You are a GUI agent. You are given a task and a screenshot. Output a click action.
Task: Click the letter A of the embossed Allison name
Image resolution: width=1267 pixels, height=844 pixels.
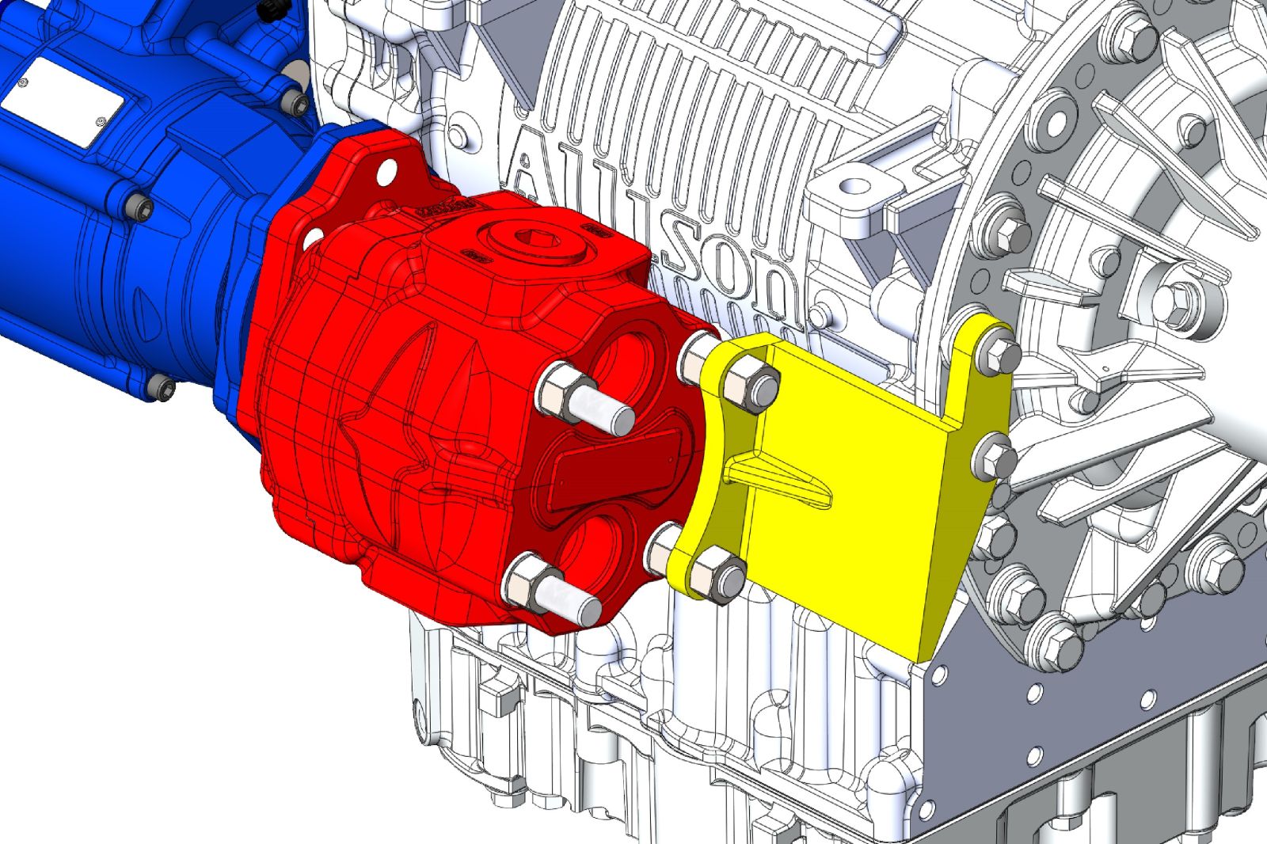pos(529,171)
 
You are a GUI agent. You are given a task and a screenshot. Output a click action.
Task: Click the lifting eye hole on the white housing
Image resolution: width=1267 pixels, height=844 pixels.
pos(854,188)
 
